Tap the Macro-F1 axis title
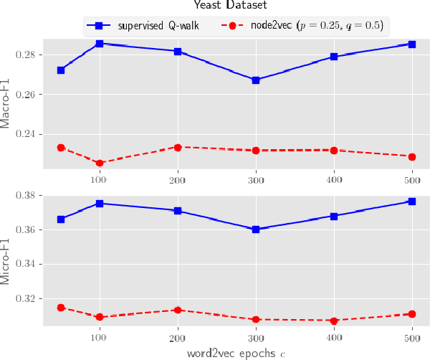pos(6,103)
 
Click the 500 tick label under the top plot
pos(412,178)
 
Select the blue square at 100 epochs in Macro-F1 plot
pos(100,44)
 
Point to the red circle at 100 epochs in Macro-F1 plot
pos(100,164)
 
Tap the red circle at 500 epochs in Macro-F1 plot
pos(412,156)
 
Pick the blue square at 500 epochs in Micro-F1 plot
pos(412,202)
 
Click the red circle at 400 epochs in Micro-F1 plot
pos(334,321)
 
